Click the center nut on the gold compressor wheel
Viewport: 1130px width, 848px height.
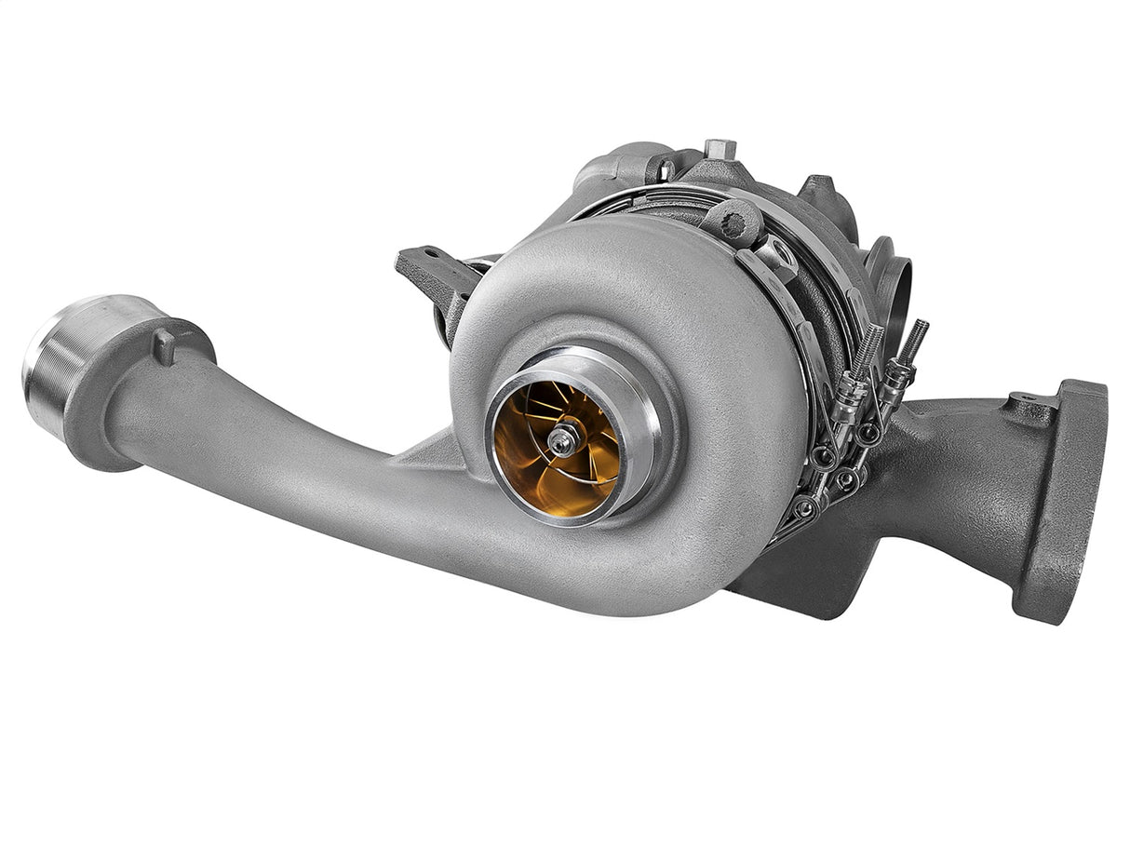click(563, 442)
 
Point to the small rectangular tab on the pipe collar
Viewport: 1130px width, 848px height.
click(165, 345)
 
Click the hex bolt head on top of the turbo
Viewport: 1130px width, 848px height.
click(720, 149)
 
